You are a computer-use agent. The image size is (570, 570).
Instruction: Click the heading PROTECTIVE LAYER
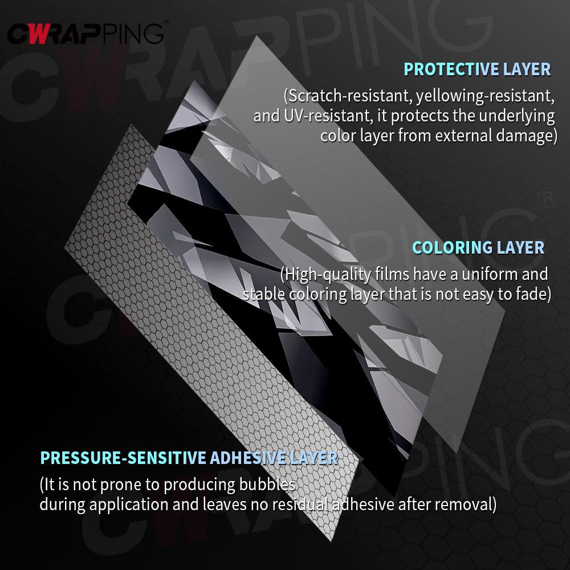477,70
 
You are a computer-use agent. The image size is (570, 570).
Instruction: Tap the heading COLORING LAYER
478,247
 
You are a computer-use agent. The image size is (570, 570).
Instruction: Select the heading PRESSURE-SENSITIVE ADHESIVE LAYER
189,458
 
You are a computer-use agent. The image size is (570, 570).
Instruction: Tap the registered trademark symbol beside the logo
166,22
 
